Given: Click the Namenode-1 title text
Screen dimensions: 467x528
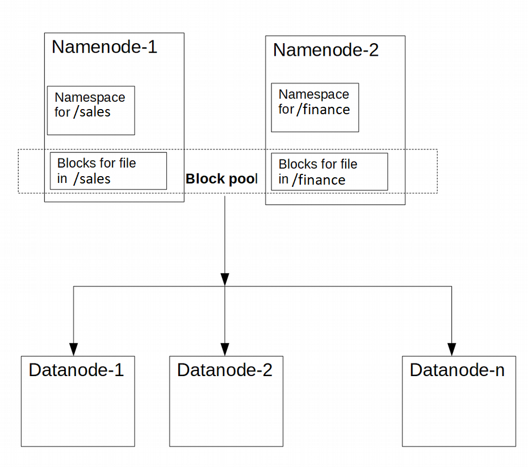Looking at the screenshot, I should click(104, 47).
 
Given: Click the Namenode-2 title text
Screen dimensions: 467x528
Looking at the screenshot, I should click(325, 50).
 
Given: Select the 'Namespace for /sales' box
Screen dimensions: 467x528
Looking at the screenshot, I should click(91, 110).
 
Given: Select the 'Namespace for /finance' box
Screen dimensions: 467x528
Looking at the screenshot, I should click(315, 107).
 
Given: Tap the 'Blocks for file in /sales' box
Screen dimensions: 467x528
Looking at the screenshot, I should click(108, 170).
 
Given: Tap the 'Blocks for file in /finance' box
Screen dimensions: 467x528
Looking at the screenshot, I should click(329, 172).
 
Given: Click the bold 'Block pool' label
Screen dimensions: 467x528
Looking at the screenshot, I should click(222, 179).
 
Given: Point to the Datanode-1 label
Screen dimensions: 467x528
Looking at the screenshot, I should click(76, 370).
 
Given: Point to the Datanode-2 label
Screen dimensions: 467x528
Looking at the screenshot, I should click(225, 370).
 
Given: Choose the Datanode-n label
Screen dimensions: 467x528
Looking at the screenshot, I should click(457, 370).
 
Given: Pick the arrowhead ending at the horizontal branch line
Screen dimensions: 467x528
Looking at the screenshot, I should click(225, 279).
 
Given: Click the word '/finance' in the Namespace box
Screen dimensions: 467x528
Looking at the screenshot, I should click(323, 109).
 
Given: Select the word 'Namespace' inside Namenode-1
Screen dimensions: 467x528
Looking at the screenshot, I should click(90, 97).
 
